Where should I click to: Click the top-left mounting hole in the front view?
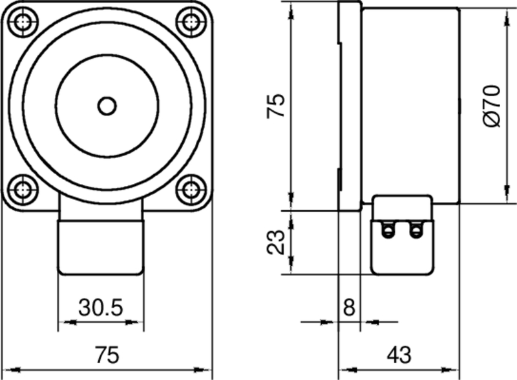click(x=24, y=21)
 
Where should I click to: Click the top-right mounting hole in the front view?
click(x=189, y=21)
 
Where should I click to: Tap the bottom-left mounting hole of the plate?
click(x=24, y=190)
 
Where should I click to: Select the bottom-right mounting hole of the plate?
click(x=189, y=190)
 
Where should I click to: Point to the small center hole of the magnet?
click(x=107, y=105)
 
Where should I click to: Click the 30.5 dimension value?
click(x=100, y=308)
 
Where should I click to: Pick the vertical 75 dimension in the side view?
click(x=277, y=105)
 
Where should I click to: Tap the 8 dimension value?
click(x=349, y=308)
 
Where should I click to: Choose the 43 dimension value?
click(x=399, y=355)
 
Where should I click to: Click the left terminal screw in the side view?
click(x=388, y=229)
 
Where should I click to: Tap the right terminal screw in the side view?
click(x=415, y=229)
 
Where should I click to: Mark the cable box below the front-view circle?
click(x=100, y=245)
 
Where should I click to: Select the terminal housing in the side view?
click(x=402, y=235)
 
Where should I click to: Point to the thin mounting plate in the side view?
click(x=349, y=106)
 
